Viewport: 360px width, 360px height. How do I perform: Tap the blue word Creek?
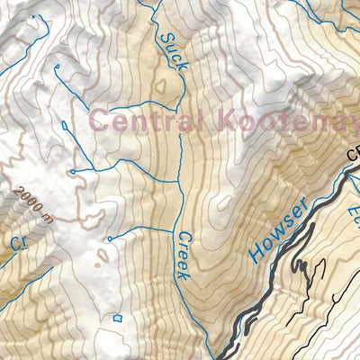pyautogui.click(x=182, y=254)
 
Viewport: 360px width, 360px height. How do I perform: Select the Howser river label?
pyautogui.click(x=281, y=229)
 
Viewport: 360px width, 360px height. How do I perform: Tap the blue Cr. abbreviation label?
pyautogui.click(x=18, y=242)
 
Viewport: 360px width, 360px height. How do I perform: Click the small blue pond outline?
pyautogui.click(x=117, y=317)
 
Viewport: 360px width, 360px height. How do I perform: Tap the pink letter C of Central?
pyautogui.click(x=101, y=121)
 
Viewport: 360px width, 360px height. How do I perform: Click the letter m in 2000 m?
pyautogui.click(x=46, y=217)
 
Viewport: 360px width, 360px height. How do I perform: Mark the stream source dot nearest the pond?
pyautogui.click(x=109, y=239)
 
